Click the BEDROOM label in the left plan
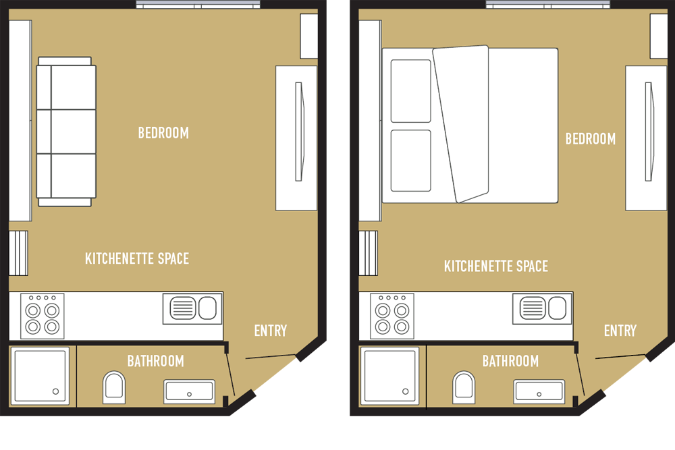[x=163, y=133]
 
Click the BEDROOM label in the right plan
[x=590, y=139]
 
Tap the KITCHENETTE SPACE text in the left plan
[x=137, y=258]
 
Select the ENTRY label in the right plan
[x=620, y=331]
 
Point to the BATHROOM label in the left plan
[x=155, y=361]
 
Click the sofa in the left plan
[x=66, y=132]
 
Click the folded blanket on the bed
[x=461, y=123]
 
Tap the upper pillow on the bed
[x=410, y=91]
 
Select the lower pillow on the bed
[x=410, y=161]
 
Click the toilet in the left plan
[x=114, y=387]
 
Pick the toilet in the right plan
[x=464, y=387]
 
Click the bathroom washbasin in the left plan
[x=190, y=391]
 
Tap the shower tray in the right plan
[x=390, y=376]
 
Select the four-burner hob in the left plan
[x=42, y=316]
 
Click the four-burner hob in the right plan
[x=392, y=316]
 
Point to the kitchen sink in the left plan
[x=192, y=308]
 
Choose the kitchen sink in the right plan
[x=543, y=308]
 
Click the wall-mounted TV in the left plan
[x=300, y=132]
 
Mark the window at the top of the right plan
[x=547, y=4]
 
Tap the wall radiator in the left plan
[x=18, y=253]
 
